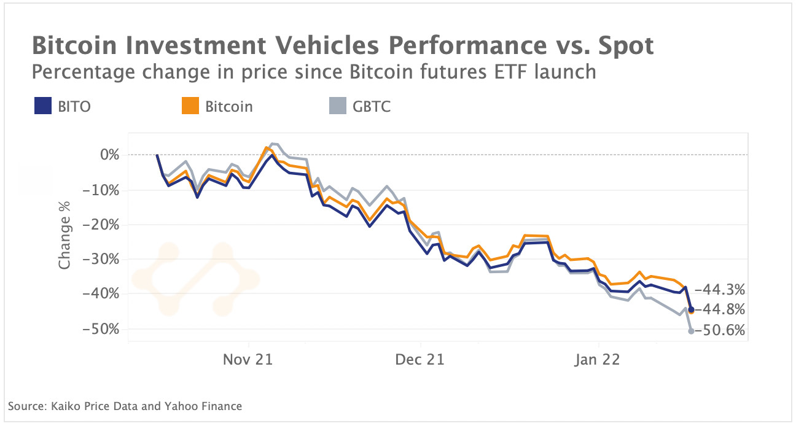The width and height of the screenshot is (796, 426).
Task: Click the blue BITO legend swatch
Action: tap(41, 107)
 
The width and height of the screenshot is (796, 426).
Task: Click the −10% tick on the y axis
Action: tap(104, 190)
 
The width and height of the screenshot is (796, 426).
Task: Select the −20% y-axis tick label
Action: tap(104, 225)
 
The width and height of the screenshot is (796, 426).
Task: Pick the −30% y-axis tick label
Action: tap(104, 259)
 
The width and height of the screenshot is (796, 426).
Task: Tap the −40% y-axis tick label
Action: tap(104, 294)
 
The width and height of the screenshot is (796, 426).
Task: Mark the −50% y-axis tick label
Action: tap(104, 329)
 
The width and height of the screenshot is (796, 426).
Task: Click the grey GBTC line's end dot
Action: tap(692, 331)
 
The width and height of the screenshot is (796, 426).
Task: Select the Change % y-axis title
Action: tap(64, 241)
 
